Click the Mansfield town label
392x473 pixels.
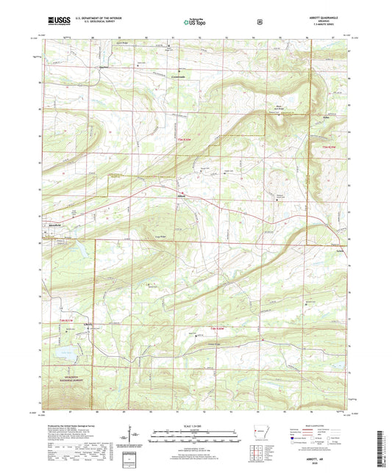pyautogui.click(x=54, y=225)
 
